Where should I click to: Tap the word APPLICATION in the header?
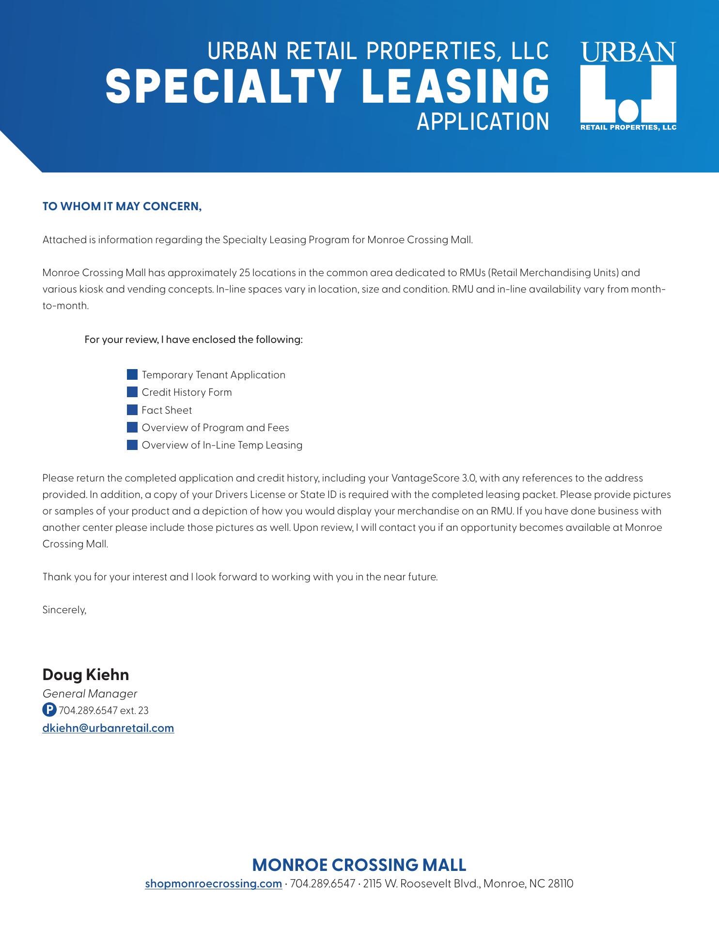point(483,122)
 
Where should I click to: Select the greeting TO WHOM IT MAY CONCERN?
point(122,206)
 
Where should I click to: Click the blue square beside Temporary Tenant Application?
point(132,375)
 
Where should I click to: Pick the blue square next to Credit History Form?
point(132,392)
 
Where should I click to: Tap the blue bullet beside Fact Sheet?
point(132,410)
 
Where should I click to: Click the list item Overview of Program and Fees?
point(215,428)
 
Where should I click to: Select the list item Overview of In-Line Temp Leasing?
point(222,445)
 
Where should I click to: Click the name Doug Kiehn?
point(86,675)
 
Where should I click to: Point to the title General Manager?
point(90,694)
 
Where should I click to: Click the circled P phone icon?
point(49,710)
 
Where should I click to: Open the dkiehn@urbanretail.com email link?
point(108,728)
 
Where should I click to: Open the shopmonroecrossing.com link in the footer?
point(214,883)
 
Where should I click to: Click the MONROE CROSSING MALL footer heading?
point(359,865)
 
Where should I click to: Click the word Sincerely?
point(64,610)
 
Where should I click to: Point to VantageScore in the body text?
point(425,478)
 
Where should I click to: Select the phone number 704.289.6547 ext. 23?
point(104,711)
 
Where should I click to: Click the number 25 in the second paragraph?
point(245,273)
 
